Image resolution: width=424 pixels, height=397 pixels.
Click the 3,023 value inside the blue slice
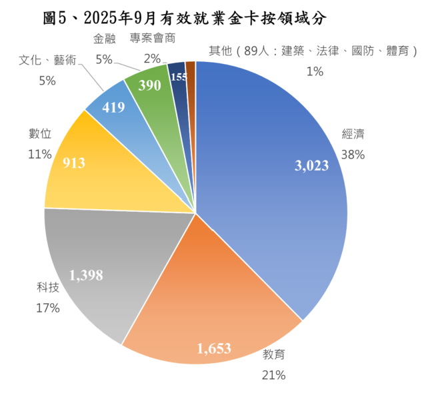[311, 166]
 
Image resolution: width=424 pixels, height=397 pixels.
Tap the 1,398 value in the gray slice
[86, 274]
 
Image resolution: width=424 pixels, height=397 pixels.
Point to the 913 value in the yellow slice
[73, 163]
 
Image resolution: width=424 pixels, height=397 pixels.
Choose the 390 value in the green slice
[149, 85]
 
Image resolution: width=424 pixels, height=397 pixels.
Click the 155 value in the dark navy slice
[178, 77]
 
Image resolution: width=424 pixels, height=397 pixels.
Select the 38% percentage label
[353, 155]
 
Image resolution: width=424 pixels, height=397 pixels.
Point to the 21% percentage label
[273, 376]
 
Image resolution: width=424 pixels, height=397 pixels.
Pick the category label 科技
[48, 288]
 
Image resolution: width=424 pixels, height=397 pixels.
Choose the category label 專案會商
[153, 39]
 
